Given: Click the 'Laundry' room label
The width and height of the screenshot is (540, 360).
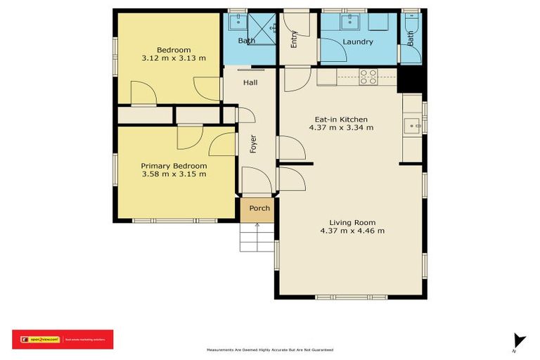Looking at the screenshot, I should pyautogui.click(x=358, y=41).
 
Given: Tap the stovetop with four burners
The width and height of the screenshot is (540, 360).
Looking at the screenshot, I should pyautogui.click(x=368, y=77).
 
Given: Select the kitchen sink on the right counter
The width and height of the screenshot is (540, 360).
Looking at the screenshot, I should pyautogui.click(x=411, y=127).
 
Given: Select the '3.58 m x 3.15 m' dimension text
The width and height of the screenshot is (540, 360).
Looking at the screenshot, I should pyautogui.click(x=174, y=174).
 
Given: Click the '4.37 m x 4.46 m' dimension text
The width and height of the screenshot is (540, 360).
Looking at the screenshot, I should pyautogui.click(x=352, y=231).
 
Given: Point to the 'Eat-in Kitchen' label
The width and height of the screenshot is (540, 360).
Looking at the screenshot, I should pyautogui.click(x=340, y=120).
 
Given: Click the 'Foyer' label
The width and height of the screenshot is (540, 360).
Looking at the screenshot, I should pyautogui.click(x=253, y=144).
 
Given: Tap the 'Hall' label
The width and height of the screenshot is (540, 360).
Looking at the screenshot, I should pyautogui.click(x=250, y=83).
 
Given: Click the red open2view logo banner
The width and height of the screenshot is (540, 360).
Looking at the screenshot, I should pyautogui.click(x=62, y=339).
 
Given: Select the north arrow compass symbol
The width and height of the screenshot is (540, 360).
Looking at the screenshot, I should pyautogui.click(x=518, y=340).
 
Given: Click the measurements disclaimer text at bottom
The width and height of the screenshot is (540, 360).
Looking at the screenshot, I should pyautogui.click(x=270, y=349).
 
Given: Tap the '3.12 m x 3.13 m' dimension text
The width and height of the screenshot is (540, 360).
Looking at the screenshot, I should pyautogui.click(x=174, y=58).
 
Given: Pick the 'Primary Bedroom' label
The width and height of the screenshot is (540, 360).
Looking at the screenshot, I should pyautogui.click(x=174, y=166).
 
